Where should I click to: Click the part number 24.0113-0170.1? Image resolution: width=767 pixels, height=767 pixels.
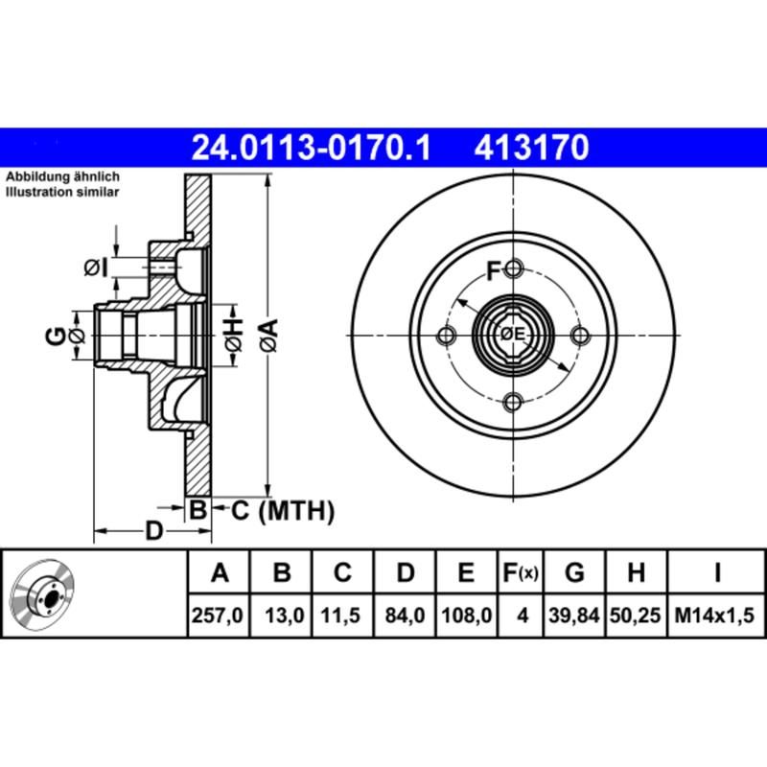click(313, 149)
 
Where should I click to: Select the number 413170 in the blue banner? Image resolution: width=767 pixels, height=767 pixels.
click(529, 149)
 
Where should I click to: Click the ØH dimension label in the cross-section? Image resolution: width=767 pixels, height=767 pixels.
click(233, 335)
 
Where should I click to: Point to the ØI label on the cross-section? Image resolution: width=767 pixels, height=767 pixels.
click(96, 267)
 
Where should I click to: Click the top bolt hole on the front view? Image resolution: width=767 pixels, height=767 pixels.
click(513, 267)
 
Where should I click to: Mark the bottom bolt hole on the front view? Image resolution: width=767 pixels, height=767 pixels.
click(513, 402)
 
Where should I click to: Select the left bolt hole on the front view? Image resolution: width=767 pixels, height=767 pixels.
click(446, 335)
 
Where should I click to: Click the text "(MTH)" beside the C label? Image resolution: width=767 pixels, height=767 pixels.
click(294, 511)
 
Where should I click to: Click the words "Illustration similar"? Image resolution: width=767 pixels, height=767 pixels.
click(63, 193)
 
